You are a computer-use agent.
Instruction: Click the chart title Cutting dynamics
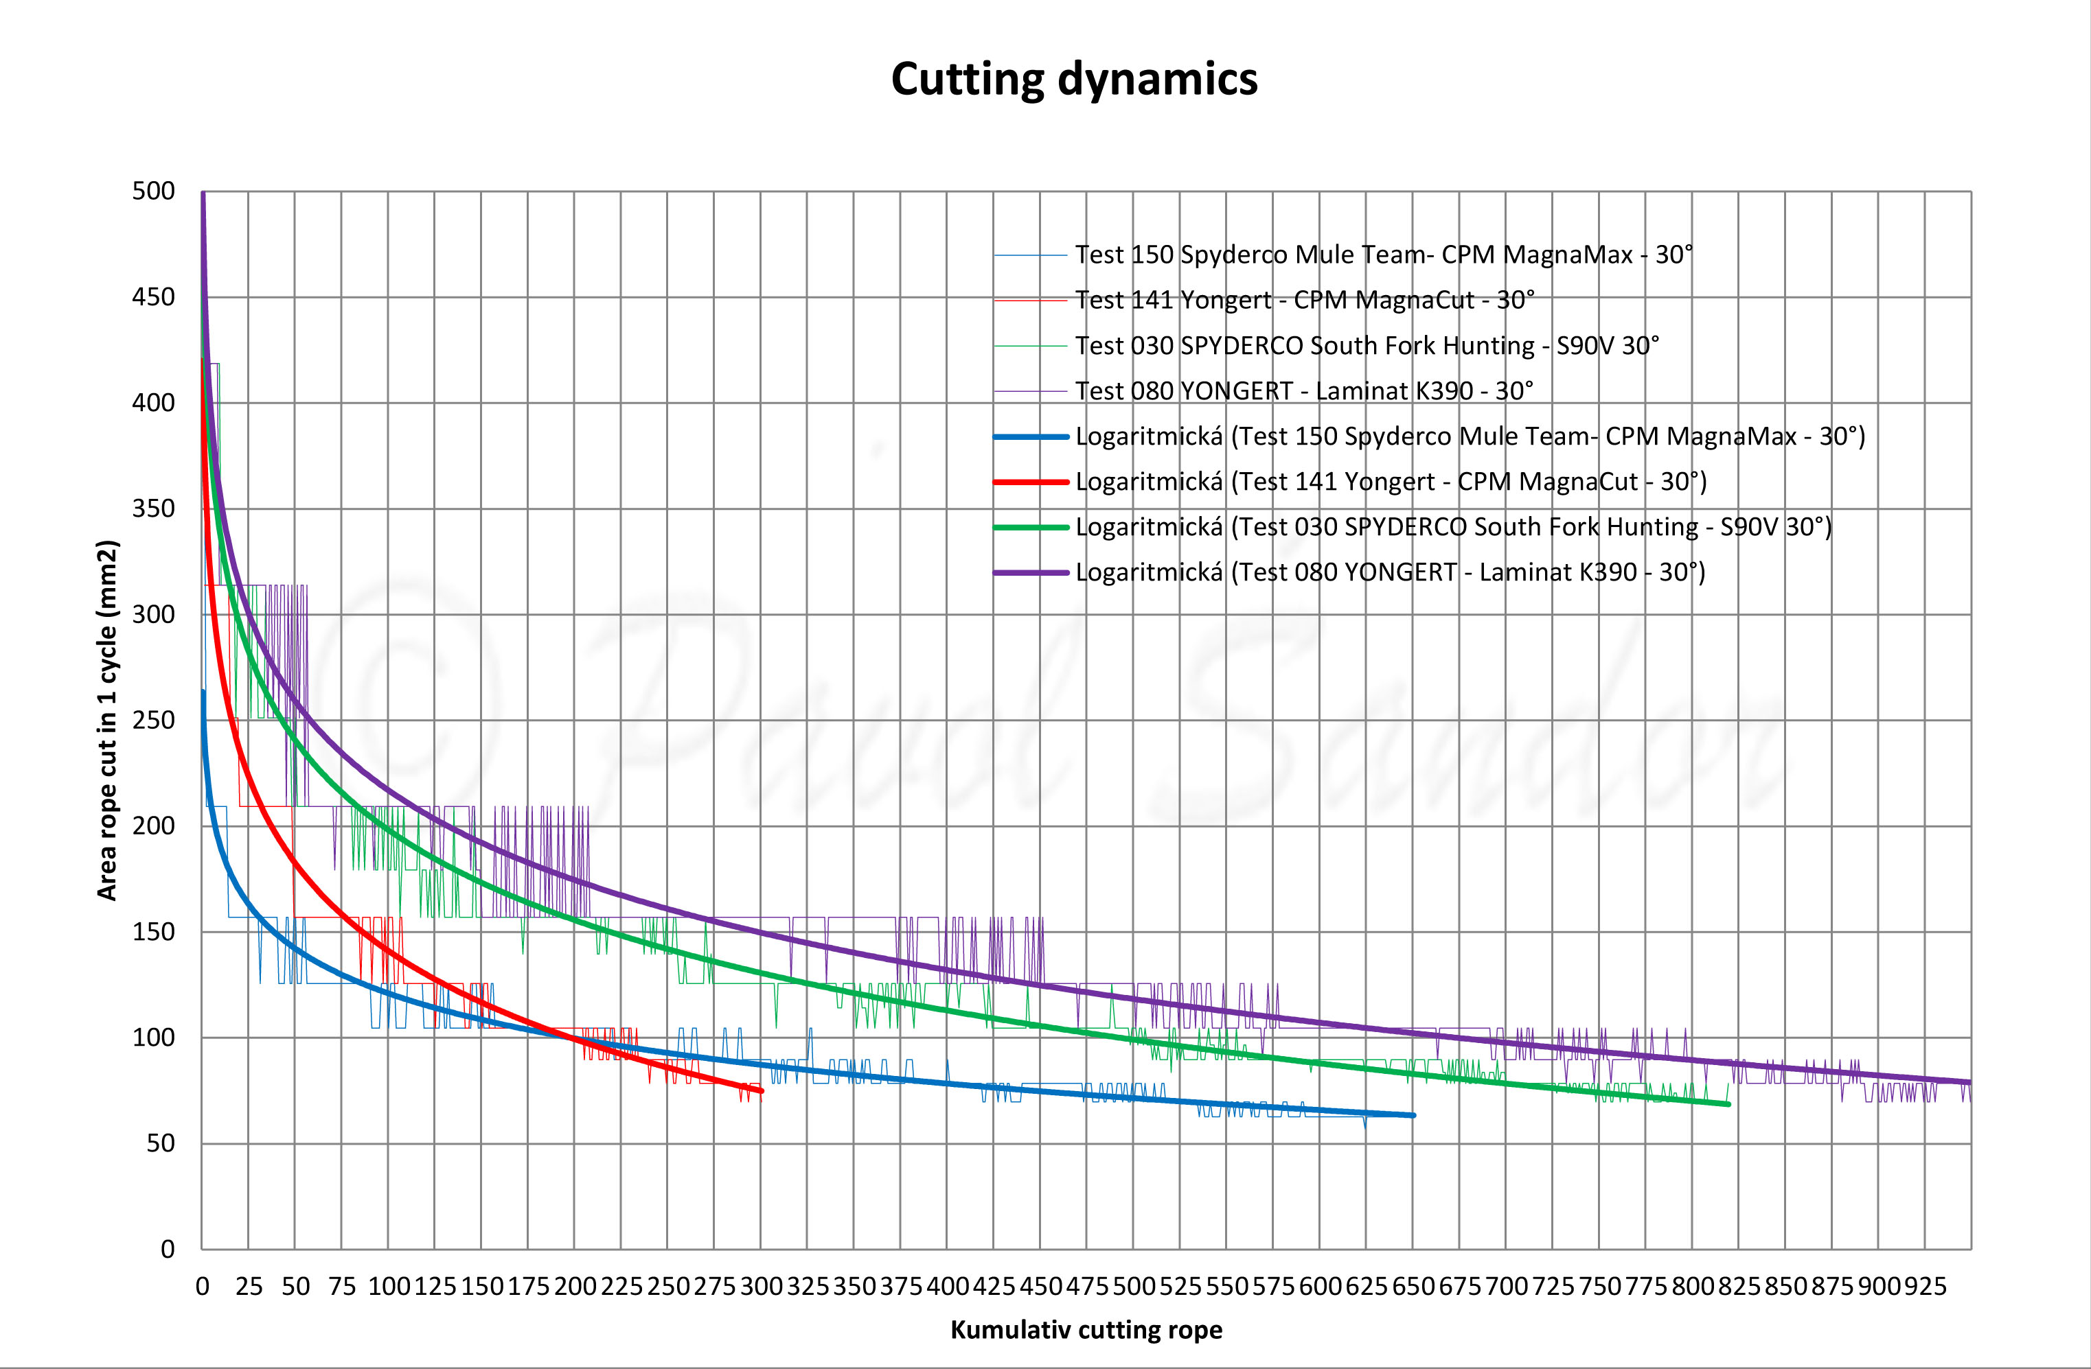click(x=1073, y=79)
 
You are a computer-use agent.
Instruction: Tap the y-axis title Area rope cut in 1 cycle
click(x=107, y=720)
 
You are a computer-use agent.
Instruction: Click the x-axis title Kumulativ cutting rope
click(x=1086, y=1329)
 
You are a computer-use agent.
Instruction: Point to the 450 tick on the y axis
click(x=154, y=297)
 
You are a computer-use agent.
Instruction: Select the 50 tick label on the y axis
click(x=161, y=1143)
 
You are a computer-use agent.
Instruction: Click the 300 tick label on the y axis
click(x=154, y=613)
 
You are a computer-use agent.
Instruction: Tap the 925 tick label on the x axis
click(x=1925, y=1287)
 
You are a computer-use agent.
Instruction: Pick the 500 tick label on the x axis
click(x=1133, y=1287)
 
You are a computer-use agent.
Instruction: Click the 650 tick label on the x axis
click(x=1413, y=1287)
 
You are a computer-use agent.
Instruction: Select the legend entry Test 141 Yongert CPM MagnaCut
click(x=1305, y=301)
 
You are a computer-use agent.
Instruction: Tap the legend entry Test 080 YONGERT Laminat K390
click(x=1304, y=390)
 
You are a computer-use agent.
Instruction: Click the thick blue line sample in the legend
click(x=1031, y=436)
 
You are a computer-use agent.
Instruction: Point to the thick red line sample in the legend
click(x=1031, y=482)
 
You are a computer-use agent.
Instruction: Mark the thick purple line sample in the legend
click(x=1031, y=572)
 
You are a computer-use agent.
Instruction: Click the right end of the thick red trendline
click(x=761, y=1090)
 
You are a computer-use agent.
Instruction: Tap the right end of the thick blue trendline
click(x=1413, y=1115)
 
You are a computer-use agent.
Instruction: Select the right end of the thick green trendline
click(x=1728, y=1104)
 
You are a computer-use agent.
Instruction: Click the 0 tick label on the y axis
click(x=168, y=1249)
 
